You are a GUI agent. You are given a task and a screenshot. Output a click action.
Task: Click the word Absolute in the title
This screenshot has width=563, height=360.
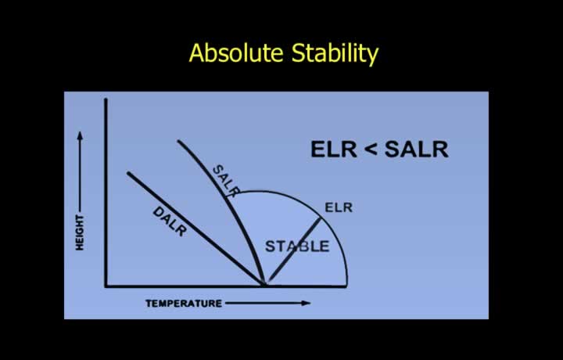(236, 52)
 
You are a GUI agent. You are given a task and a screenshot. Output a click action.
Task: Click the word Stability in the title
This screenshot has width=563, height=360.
(335, 54)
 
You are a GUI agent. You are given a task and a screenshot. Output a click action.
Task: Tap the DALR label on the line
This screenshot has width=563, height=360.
(170, 221)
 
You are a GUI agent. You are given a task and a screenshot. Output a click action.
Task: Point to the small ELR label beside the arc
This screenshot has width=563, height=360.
(339, 207)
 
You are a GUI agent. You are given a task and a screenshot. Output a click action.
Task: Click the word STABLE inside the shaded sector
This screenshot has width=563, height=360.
(297, 247)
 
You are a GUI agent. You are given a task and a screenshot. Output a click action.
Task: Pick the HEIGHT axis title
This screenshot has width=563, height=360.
(79, 232)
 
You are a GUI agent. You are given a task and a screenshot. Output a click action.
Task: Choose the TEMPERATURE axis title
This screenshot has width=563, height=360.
(184, 304)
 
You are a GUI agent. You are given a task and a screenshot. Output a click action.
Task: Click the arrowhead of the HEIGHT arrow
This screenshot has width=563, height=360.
(80, 136)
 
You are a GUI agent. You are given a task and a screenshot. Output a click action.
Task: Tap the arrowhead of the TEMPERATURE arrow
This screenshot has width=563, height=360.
(306, 303)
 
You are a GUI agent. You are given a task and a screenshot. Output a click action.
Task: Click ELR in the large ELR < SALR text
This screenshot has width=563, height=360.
(334, 149)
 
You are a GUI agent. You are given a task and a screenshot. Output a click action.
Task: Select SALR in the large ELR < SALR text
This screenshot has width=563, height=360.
(417, 149)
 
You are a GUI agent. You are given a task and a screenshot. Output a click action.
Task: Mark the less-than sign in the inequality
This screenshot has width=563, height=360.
(371, 149)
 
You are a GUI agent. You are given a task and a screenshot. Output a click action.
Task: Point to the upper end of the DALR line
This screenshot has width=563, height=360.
(128, 174)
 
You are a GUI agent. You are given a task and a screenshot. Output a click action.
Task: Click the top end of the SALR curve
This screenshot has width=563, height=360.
(178, 141)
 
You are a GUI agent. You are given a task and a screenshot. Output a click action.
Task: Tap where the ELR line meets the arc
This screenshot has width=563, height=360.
(321, 218)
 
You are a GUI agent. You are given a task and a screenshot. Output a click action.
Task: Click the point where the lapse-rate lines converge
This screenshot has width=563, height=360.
(264, 285)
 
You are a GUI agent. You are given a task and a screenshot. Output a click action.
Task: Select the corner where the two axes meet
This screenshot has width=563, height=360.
(106, 286)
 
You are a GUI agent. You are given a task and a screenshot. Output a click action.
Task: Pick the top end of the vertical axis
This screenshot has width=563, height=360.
(106, 99)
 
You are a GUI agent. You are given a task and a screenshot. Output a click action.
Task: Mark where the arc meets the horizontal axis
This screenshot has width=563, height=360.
(347, 286)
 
